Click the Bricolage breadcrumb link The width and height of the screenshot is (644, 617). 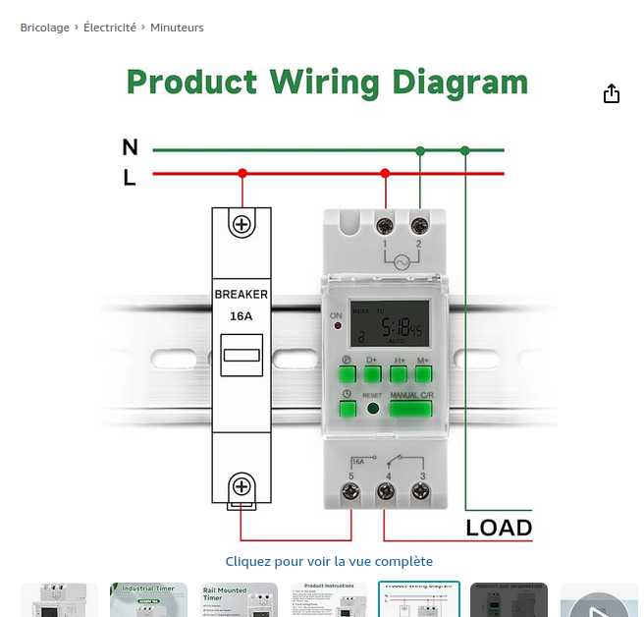pos(45,28)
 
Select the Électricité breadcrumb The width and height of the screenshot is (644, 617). pos(110,28)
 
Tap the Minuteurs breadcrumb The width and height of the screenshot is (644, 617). pos(177,28)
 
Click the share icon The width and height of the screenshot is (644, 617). pos(612,93)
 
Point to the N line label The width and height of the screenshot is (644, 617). pos(130,147)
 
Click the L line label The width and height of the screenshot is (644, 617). pos(130,178)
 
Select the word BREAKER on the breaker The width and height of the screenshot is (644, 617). pos(241,295)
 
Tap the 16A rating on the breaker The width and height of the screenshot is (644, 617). pos(241,316)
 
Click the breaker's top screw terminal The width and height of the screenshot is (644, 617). pos(241,224)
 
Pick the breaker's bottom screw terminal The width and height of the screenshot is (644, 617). pos(241,485)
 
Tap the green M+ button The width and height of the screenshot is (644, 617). pos(423,372)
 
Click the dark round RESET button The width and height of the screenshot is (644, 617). pos(372,408)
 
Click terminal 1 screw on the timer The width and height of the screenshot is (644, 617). pos(385,225)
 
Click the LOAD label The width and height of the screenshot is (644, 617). pos(499,528)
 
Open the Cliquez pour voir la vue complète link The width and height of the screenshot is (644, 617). pos(329,561)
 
